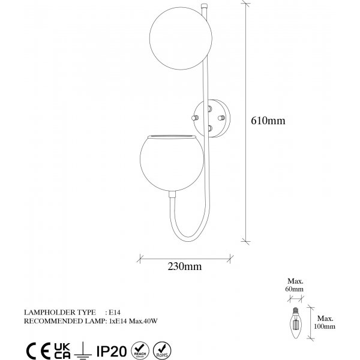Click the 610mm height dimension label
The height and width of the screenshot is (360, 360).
(268, 121)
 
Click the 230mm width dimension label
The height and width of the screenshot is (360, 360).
(185, 266)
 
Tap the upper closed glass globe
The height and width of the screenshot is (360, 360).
(181, 38)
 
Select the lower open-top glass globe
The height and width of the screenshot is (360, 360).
(172, 163)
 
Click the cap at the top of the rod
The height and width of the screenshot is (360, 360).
(203, 6)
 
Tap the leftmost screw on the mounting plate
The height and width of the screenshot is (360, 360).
(195, 118)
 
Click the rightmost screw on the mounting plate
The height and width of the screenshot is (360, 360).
(221, 118)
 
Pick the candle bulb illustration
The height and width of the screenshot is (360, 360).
(296, 323)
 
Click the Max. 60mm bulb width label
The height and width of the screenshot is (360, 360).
(295, 285)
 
